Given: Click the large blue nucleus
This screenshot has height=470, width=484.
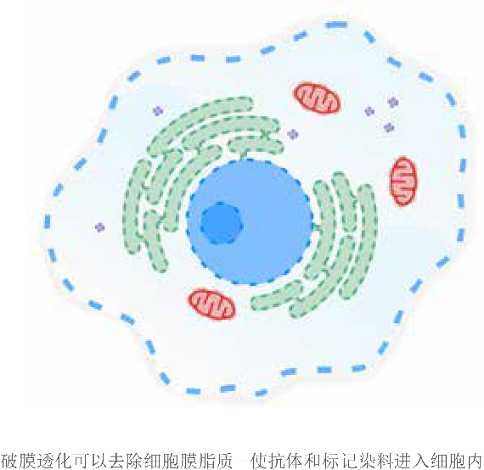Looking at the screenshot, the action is [250, 222].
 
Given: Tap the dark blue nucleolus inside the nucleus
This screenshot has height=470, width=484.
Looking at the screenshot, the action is [221, 223].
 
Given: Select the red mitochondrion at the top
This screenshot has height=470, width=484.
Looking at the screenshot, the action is [317, 98].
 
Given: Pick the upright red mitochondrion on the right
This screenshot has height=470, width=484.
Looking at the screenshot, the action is [403, 181].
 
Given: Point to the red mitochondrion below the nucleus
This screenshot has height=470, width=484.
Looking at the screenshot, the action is [211, 304].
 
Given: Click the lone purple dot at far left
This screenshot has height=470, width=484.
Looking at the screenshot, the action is [99, 227].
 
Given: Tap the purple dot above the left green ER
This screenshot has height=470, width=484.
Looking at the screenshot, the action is [158, 111].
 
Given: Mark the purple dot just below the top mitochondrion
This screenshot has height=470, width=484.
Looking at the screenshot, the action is [293, 134].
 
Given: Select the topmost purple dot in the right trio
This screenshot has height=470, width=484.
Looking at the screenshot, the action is [392, 102].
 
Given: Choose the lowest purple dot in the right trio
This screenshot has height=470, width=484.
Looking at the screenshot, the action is [389, 127].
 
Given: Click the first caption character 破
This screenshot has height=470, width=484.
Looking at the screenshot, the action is [8, 461].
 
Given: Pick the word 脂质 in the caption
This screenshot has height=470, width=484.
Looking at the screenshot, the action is [216, 461].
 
